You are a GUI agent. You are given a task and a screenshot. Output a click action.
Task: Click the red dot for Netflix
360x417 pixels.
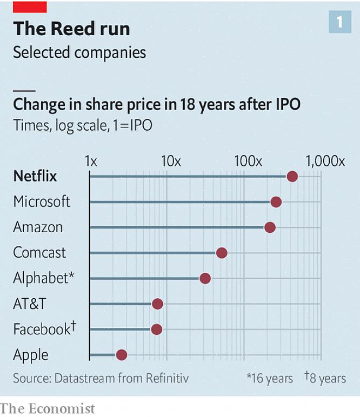click(x=292, y=177)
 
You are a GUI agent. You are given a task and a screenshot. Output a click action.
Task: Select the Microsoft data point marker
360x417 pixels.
click(x=276, y=202)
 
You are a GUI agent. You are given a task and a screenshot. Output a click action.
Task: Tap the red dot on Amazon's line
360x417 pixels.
click(x=270, y=227)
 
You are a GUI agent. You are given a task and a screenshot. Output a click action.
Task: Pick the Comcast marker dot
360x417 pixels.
click(x=221, y=253)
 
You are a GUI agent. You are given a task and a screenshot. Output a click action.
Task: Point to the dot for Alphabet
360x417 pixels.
click(x=205, y=278)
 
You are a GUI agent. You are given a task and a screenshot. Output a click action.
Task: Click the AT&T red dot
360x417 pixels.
click(x=157, y=304)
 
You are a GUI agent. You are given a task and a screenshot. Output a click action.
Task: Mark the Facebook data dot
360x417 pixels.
click(x=156, y=329)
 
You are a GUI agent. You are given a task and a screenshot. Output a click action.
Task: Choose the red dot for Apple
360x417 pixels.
click(x=121, y=354)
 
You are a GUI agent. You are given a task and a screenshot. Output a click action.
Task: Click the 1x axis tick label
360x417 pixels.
click(x=91, y=161)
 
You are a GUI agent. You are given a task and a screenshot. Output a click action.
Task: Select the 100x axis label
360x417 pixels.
click(x=248, y=161)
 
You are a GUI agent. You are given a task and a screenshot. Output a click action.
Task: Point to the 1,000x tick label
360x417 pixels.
click(x=324, y=161)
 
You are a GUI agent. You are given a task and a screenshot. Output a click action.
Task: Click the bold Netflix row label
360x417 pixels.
click(x=35, y=177)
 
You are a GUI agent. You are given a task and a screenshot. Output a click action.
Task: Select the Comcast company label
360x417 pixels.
click(x=39, y=253)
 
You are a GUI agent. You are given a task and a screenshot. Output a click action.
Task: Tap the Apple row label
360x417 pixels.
click(x=31, y=355)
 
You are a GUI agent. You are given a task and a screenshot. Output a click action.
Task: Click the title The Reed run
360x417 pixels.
click(x=71, y=29)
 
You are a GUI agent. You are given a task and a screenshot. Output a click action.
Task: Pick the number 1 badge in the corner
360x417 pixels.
click(x=340, y=22)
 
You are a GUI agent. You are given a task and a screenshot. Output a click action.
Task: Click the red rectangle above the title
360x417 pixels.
click(x=30, y=6)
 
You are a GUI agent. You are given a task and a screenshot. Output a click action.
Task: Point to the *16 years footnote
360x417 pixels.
click(x=270, y=378)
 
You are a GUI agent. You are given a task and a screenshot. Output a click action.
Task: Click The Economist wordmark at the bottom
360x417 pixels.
click(x=48, y=408)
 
